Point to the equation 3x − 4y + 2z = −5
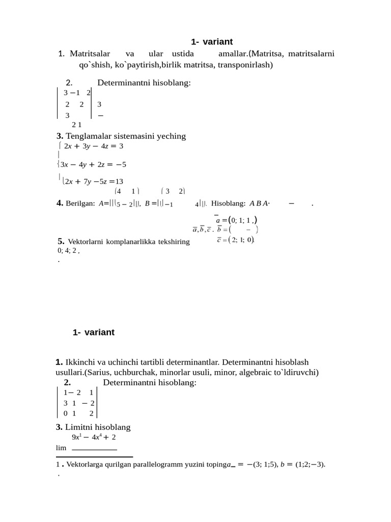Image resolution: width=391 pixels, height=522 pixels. pyautogui.click(x=93, y=164)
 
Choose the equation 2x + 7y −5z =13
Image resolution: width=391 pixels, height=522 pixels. pyautogui.click(x=94, y=181)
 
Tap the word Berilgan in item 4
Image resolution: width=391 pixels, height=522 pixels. pyautogui.click(x=80, y=203)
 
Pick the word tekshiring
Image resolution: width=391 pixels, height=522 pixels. pyautogui.click(x=173, y=242)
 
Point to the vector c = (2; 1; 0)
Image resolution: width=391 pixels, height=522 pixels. pyautogui.click(x=235, y=240)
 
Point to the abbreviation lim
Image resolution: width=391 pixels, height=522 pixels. pyautogui.click(x=61, y=448)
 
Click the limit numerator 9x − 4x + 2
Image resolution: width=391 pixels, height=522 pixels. pyautogui.click(x=94, y=437)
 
